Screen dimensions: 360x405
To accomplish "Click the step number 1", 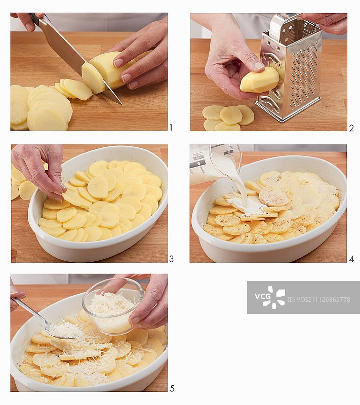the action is pyautogui.click(x=171, y=128).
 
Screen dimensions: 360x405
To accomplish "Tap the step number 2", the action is pyautogui.click(x=351, y=128).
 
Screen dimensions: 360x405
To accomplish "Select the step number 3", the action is pyautogui.click(x=171, y=259).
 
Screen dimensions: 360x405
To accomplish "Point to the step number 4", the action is pyautogui.click(x=351, y=259).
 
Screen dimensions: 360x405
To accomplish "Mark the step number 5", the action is pyautogui.click(x=172, y=388).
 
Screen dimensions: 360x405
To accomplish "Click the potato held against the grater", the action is pyautogui.click(x=260, y=80).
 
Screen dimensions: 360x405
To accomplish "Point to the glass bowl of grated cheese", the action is pyautogui.click(x=112, y=306).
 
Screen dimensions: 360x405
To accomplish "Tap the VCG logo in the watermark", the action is pyautogui.click(x=270, y=297).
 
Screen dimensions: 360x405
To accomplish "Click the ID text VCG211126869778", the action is pyautogui.click(x=319, y=299).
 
